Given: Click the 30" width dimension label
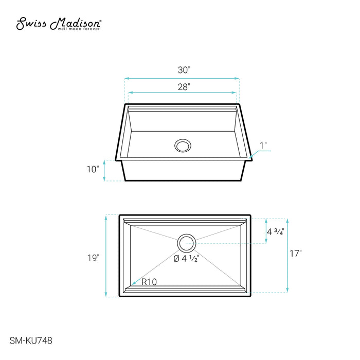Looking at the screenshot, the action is [184, 70].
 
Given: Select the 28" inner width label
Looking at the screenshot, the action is [184, 87].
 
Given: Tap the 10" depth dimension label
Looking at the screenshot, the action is [93, 169].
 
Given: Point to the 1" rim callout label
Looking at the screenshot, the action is [263, 146].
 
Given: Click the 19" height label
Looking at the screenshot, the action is [93, 258].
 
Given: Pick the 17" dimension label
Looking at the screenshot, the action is [296, 254].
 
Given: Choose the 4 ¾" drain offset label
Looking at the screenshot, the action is [276, 231].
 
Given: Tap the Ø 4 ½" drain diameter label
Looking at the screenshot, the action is [186, 259].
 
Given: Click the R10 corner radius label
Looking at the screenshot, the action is [149, 282].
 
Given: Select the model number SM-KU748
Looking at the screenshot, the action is [31, 340].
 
